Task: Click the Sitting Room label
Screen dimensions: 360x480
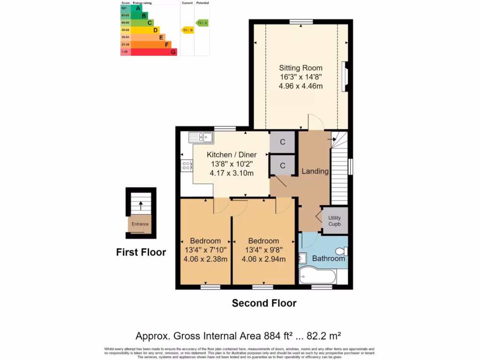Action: [301, 68]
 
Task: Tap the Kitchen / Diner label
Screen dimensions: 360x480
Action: [232, 155]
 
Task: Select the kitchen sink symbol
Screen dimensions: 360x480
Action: [201, 137]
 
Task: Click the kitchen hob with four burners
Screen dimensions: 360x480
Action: [187, 165]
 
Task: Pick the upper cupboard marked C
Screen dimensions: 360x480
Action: [283, 142]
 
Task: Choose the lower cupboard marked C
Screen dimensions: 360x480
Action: [283, 165]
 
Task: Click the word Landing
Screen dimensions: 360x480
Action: [315, 171]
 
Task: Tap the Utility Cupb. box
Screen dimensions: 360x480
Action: [335, 221]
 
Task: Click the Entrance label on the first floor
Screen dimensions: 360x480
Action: [140, 224]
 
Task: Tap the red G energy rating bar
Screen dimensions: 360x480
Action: [154, 52]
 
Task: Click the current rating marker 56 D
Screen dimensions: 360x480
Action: [187, 30]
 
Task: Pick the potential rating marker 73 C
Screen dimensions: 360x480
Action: [202, 22]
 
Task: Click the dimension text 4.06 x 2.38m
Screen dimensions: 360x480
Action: [205, 259]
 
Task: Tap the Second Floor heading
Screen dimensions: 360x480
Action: [264, 303]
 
